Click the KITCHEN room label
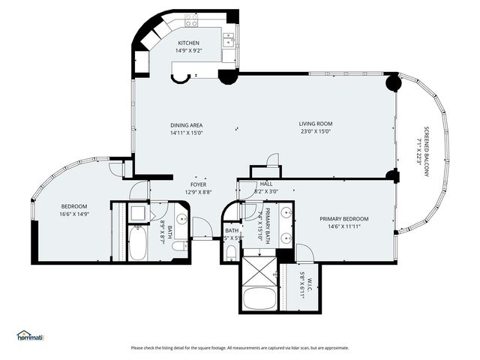pyautogui.click(x=187, y=43)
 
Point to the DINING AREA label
pyautogui.click(x=187, y=125)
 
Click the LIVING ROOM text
pyautogui.click(x=316, y=124)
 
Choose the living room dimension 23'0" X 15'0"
pyautogui.click(x=316, y=132)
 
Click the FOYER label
pyautogui.click(x=198, y=184)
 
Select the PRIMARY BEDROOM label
pyautogui.click(x=344, y=219)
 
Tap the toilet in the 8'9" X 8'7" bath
pyautogui.click(x=179, y=245)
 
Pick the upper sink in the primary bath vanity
pyautogui.click(x=286, y=214)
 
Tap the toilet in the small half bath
pyautogui.click(x=231, y=253)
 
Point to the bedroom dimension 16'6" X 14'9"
pyautogui.click(x=74, y=214)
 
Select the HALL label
pyautogui.click(x=266, y=184)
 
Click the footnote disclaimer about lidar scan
pyautogui.click(x=240, y=347)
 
